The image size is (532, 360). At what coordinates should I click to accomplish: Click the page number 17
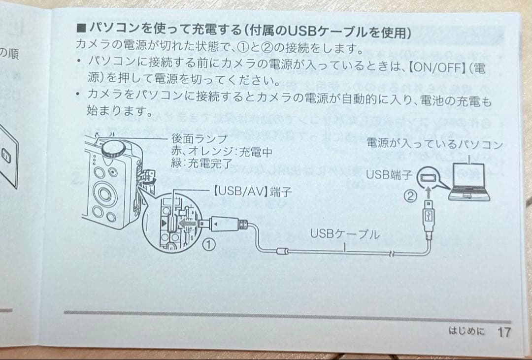tap(503, 332)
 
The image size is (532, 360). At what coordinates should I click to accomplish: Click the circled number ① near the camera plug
tap(209, 243)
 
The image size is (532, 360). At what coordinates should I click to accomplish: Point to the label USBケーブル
tap(345, 234)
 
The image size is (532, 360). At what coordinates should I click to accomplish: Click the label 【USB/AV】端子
tap(252, 191)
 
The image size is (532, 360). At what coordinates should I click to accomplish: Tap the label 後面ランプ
tap(199, 139)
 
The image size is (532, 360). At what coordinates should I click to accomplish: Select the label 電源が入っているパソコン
tap(434, 144)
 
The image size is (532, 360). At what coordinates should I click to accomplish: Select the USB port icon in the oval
tap(427, 177)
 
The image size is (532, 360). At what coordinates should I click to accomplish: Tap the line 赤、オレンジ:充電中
tap(222, 151)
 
